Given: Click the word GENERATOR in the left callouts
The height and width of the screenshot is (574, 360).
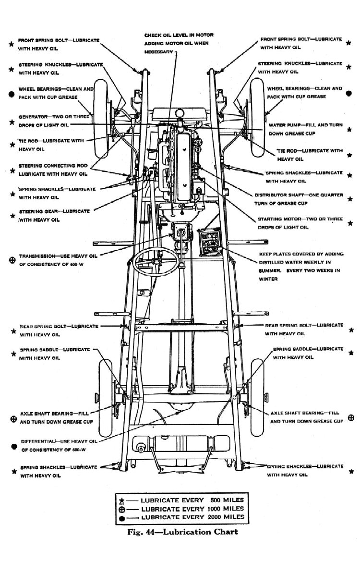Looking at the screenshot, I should (32, 117).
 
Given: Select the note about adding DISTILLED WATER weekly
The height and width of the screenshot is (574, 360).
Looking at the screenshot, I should (300, 263).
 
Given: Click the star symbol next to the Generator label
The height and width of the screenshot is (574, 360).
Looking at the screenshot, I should (12, 122).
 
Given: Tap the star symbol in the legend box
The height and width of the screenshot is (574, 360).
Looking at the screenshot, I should (122, 500).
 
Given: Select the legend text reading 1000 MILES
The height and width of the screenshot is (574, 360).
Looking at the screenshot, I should (226, 508).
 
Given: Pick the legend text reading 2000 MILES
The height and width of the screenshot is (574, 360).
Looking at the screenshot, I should (226, 517).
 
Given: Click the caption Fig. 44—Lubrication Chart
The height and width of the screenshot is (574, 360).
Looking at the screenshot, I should (182, 532).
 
